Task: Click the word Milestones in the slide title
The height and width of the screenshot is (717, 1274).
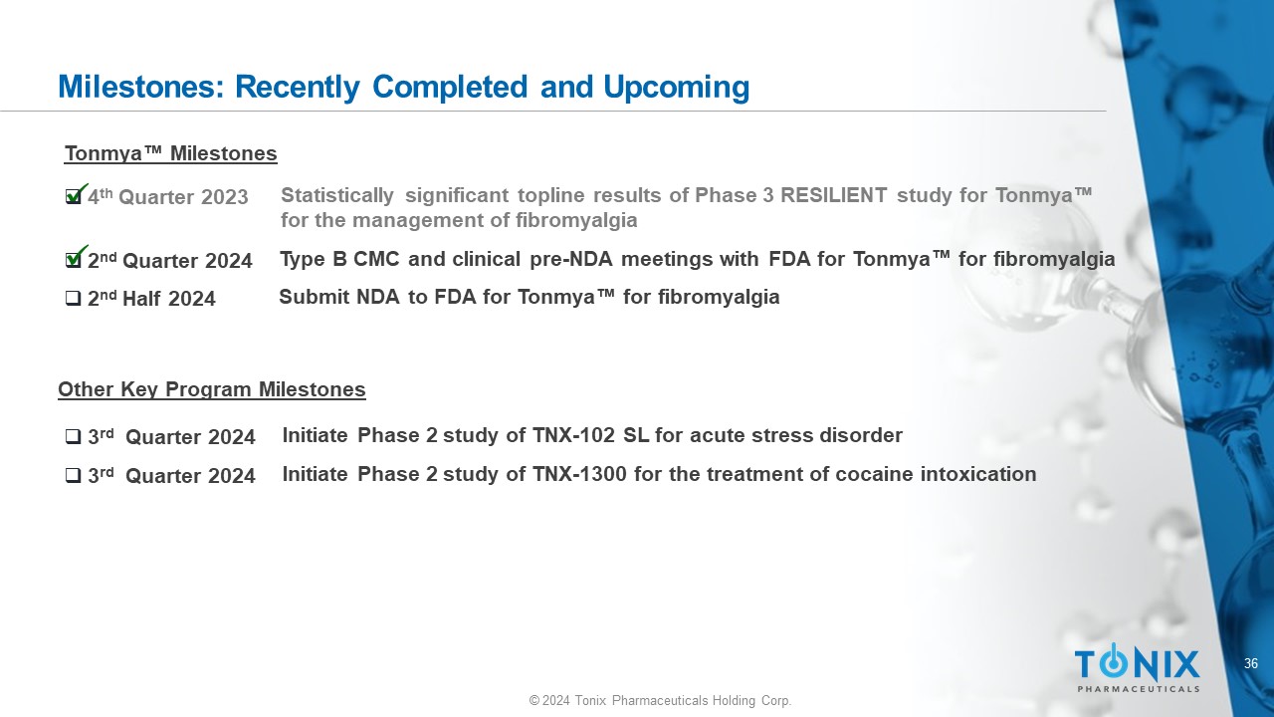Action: click(x=140, y=87)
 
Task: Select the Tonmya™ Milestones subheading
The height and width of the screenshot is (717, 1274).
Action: click(x=170, y=153)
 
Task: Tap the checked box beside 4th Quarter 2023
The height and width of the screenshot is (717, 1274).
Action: click(x=75, y=195)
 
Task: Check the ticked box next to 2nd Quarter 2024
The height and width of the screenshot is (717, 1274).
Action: click(x=75, y=258)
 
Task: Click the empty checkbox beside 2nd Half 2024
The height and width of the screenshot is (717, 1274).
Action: click(x=74, y=298)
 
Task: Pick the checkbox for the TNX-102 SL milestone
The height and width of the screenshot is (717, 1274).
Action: click(x=74, y=436)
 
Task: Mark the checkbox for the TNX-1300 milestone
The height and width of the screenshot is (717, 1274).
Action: click(x=74, y=475)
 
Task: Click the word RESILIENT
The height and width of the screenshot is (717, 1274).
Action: click(x=833, y=195)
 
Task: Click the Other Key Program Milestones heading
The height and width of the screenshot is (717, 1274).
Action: click(x=212, y=389)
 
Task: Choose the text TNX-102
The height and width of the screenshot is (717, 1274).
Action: click(x=573, y=435)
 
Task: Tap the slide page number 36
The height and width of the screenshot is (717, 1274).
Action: click(x=1251, y=663)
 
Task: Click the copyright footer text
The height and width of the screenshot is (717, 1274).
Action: click(x=660, y=700)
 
